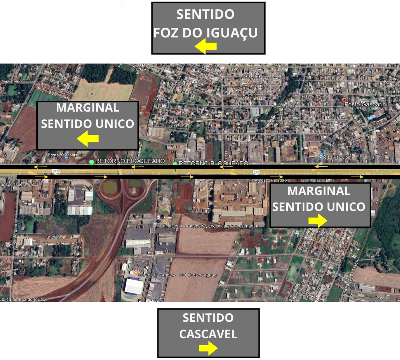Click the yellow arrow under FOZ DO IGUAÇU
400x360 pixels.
[x=206, y=47]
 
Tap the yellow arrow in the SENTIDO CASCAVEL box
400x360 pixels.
[x=207, y=348]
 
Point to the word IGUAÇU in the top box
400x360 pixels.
[x=231, y=32]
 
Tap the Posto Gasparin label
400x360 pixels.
[x=365, y=105]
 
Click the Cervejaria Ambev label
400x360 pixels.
[x=179, y=275]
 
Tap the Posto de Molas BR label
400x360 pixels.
[x=63, y=155]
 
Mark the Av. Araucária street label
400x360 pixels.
[x=284, y=106]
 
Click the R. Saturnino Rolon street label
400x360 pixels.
[x=263, y=121]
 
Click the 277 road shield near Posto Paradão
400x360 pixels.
[x=256, y=172]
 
